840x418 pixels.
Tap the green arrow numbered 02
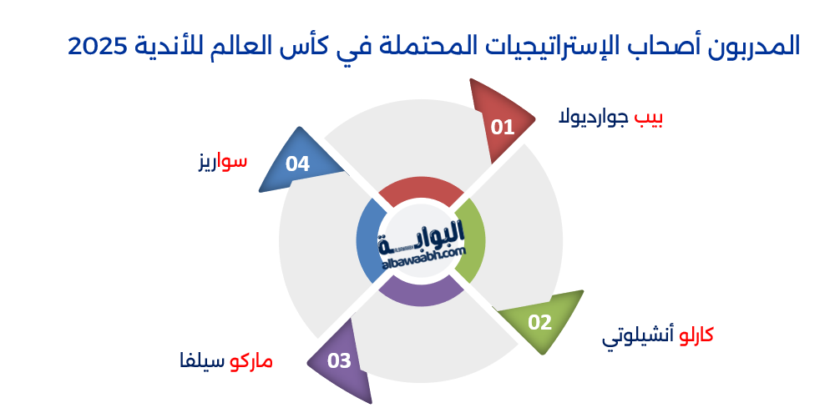tap(541, 322)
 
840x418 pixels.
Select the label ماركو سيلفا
tap(226, 362)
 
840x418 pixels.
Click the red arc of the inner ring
tap(420, 191)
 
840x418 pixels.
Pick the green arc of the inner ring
tap(472, 241)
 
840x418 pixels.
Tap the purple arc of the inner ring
tap(421, 293)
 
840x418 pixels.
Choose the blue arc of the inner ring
tap(368, 242)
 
